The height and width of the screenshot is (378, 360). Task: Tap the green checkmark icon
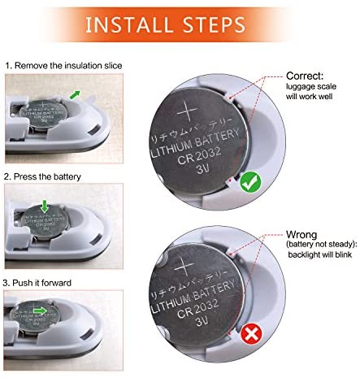(250, 182)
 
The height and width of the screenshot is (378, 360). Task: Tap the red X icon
(251, 334)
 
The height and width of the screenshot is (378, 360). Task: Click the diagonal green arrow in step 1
(75, 95)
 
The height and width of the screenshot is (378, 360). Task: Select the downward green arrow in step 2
(45, 206)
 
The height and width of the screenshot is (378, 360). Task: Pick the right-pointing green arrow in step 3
(40, 311)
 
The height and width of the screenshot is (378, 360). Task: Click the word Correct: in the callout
(305, 76)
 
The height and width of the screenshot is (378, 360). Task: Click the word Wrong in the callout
(301, 234)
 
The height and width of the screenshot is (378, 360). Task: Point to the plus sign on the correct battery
(187, 111)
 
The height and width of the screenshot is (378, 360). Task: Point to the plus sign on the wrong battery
(184, 266)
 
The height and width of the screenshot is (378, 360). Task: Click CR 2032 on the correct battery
(199, 156)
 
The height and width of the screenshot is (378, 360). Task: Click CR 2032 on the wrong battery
(197, 308)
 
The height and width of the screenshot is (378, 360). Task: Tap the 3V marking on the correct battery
(202, 169)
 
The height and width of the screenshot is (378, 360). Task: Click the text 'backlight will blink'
(320, 254)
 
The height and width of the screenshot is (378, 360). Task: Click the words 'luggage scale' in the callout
(311, 87)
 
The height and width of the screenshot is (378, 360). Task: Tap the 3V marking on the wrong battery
(202, 321)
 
